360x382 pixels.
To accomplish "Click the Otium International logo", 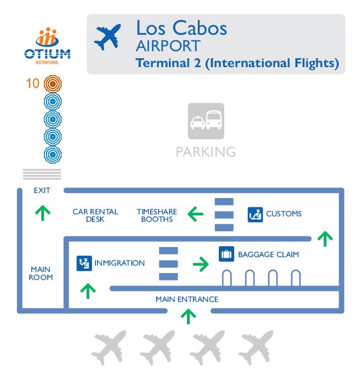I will [x=47, y=46].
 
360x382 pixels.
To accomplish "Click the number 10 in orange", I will [x=33, y=83].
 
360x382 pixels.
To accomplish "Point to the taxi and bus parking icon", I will [x=206, y=121].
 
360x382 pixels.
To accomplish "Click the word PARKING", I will [x=206, y=151].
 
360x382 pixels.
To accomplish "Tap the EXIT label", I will [x=42, y=190].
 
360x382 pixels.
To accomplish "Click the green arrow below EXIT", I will [x=43, y=212].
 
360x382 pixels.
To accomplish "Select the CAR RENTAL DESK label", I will [x=95, y=215].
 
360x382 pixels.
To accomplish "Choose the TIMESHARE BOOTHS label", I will [x=157, y=215].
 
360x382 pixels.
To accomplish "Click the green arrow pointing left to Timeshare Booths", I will [x=195, y=214].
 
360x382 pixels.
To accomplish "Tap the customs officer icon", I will [x=255, y=214].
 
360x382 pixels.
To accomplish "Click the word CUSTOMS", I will [x=283, y=214].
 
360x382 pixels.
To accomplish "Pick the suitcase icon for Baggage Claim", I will [x=226, y=254].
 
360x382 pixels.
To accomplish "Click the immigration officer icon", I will [x=84, y=263].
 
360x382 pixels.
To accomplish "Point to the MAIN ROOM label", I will [x=41, y=273].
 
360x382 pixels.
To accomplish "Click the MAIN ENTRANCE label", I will [x=187, y=299].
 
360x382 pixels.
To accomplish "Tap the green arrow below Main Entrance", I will [x=188, y=316].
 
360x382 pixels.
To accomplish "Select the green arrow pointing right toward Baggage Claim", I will [x=200, y=264].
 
